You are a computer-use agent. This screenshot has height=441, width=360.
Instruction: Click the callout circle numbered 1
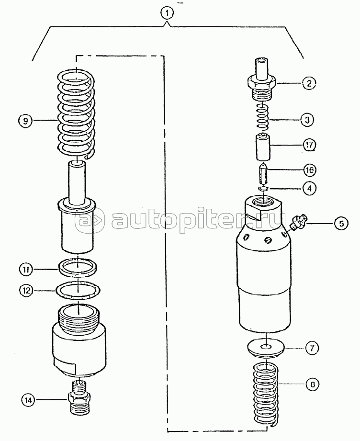click(x=168, y=12)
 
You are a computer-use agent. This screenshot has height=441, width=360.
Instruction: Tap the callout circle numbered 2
click(x=309, y=83)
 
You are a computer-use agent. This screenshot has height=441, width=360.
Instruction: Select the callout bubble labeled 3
click(x=307, y=120)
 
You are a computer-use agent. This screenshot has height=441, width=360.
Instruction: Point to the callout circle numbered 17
click(x=309, y=145)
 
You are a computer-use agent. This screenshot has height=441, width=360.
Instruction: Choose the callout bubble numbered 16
click(x=309, y=170)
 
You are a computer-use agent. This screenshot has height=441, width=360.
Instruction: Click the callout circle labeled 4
click(x=309, y=188)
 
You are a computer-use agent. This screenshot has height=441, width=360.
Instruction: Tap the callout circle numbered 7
click(x=312, y=348)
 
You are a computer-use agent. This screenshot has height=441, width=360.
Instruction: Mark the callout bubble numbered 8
click(x=313, y=384)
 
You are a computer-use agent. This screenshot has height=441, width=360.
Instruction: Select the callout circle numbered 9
click(x=25, y=121)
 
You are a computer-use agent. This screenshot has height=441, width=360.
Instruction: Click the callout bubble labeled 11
click(x=26, y=270)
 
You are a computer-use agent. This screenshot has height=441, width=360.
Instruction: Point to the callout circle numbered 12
click(x=26, y=290)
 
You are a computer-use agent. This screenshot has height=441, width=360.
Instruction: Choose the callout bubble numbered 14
click(x=29, y=400)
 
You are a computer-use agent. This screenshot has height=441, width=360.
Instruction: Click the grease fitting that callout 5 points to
click(x=298, y=222)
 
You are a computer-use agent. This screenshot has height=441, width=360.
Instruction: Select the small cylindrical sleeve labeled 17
click(x=263, y=147)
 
